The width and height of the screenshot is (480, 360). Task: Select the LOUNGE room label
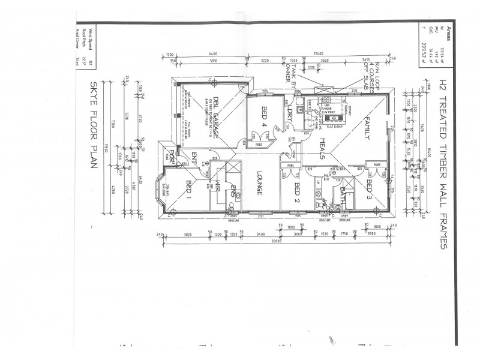click(260, 183)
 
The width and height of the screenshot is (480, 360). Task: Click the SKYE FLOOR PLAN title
click(94, 125)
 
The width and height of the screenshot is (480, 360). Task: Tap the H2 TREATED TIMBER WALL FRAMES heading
click(443, 162)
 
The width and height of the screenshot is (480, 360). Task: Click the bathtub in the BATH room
click(350, 202)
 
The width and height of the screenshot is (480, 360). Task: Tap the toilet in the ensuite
click(231, 205)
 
